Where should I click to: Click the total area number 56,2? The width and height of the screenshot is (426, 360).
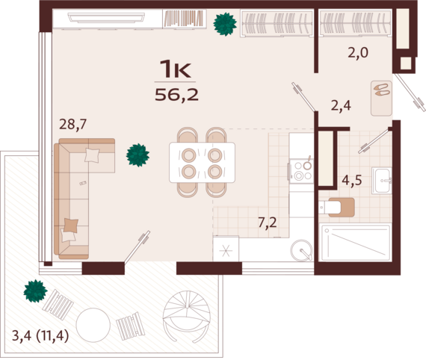176,95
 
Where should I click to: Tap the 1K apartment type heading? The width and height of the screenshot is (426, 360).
175,69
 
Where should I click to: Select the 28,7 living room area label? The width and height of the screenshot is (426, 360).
72,124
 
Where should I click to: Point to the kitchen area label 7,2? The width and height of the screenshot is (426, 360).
268,223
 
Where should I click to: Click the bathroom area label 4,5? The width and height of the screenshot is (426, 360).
352,180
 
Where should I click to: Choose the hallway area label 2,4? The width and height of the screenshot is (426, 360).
341,105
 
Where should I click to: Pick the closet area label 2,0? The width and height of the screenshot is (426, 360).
358,52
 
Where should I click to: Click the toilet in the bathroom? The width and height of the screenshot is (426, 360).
337,208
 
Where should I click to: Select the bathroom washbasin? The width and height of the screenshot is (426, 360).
382,181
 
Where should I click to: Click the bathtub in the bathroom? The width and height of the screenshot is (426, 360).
356,243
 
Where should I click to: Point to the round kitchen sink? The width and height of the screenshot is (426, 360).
301,250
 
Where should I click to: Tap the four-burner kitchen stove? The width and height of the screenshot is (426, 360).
302,171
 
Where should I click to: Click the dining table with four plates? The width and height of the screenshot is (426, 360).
202,163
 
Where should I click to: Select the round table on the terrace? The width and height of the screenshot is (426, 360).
93,325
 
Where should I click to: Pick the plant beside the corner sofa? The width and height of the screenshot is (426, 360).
138,155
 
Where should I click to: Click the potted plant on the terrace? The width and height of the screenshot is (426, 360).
35,291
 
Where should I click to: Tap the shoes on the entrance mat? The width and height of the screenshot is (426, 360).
381,90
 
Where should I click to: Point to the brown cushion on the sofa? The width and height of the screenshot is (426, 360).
71,226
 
